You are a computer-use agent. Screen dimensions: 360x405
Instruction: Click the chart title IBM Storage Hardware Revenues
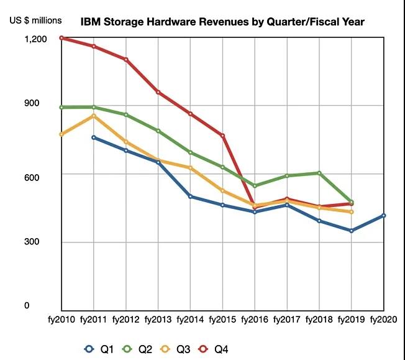click(222, 22)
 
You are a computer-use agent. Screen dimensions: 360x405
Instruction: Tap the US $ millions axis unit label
click(35, 20)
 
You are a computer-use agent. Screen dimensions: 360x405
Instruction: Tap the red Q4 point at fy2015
click(222, 136)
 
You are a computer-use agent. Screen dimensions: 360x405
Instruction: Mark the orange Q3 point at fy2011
click(93, 116)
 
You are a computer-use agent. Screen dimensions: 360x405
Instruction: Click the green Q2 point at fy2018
click(319, 173)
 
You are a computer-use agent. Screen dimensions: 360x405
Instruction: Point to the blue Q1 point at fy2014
click(190, 196)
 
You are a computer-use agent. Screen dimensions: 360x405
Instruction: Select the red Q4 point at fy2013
click(158, 93)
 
